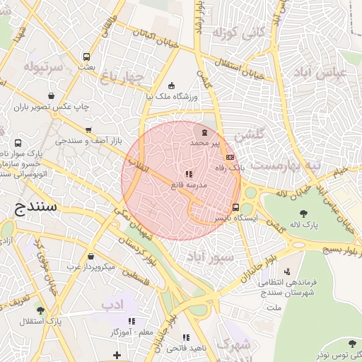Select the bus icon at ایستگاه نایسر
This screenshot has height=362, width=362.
pos(235,207)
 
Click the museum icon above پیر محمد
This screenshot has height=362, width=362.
pos(204,132)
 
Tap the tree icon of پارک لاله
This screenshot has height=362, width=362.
pos(303,214)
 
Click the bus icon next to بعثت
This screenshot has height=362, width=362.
pos(86,57)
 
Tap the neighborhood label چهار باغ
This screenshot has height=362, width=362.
pos(122,76)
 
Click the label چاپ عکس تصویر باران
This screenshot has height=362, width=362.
pos(52,107)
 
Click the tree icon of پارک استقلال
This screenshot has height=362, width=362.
pos(40,310)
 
